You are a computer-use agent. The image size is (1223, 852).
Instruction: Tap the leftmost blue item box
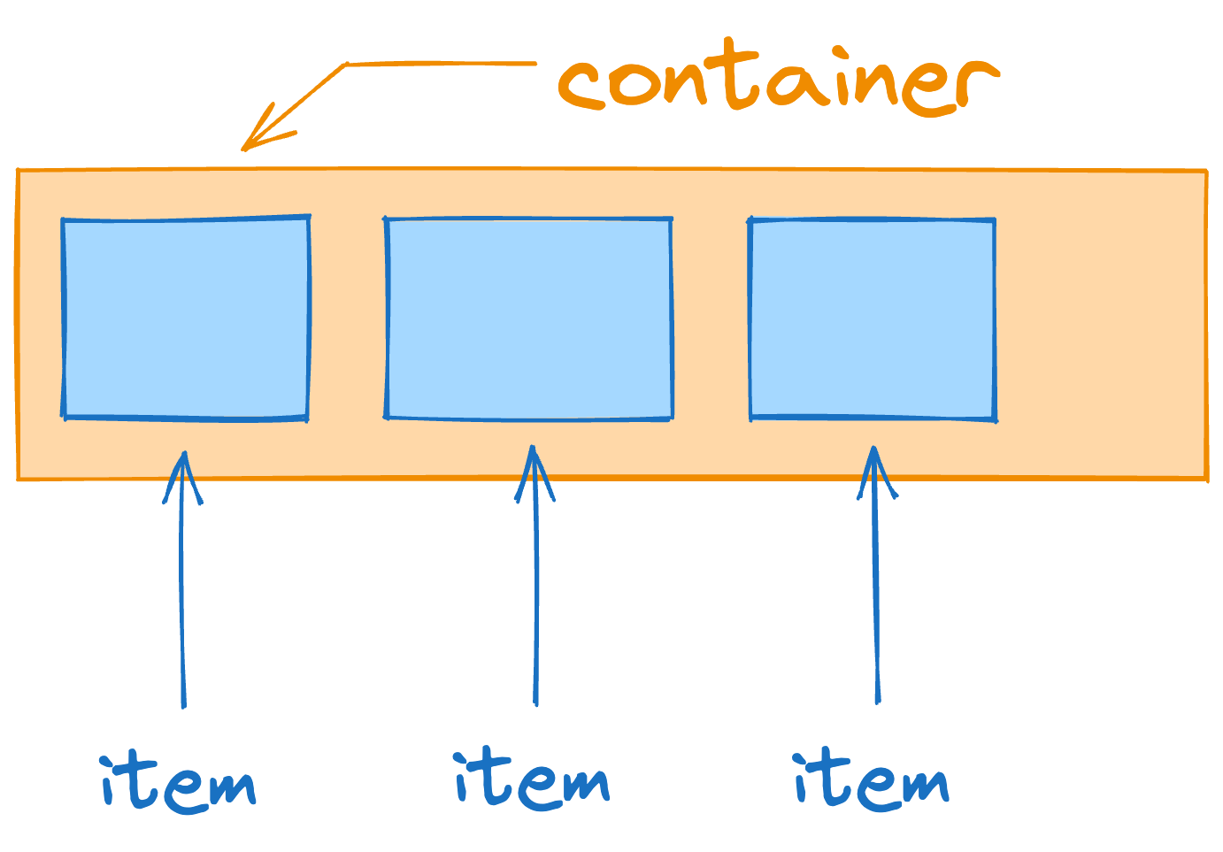click(x=186, y=318)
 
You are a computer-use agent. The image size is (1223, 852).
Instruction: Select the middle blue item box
click(x=529, y=319)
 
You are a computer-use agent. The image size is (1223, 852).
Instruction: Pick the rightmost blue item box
click(x=873, y=319)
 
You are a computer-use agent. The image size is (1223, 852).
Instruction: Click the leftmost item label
click(x=178, y=783)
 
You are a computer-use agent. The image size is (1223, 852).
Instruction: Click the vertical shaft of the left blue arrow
click(x=182, y=602)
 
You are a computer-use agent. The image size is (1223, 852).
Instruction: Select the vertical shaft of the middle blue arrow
click(x=535, y=602)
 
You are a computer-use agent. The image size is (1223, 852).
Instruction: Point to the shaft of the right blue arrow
click(x=876, y=602)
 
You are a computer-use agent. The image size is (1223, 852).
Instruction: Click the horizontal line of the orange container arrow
click(x=442, y=64)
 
